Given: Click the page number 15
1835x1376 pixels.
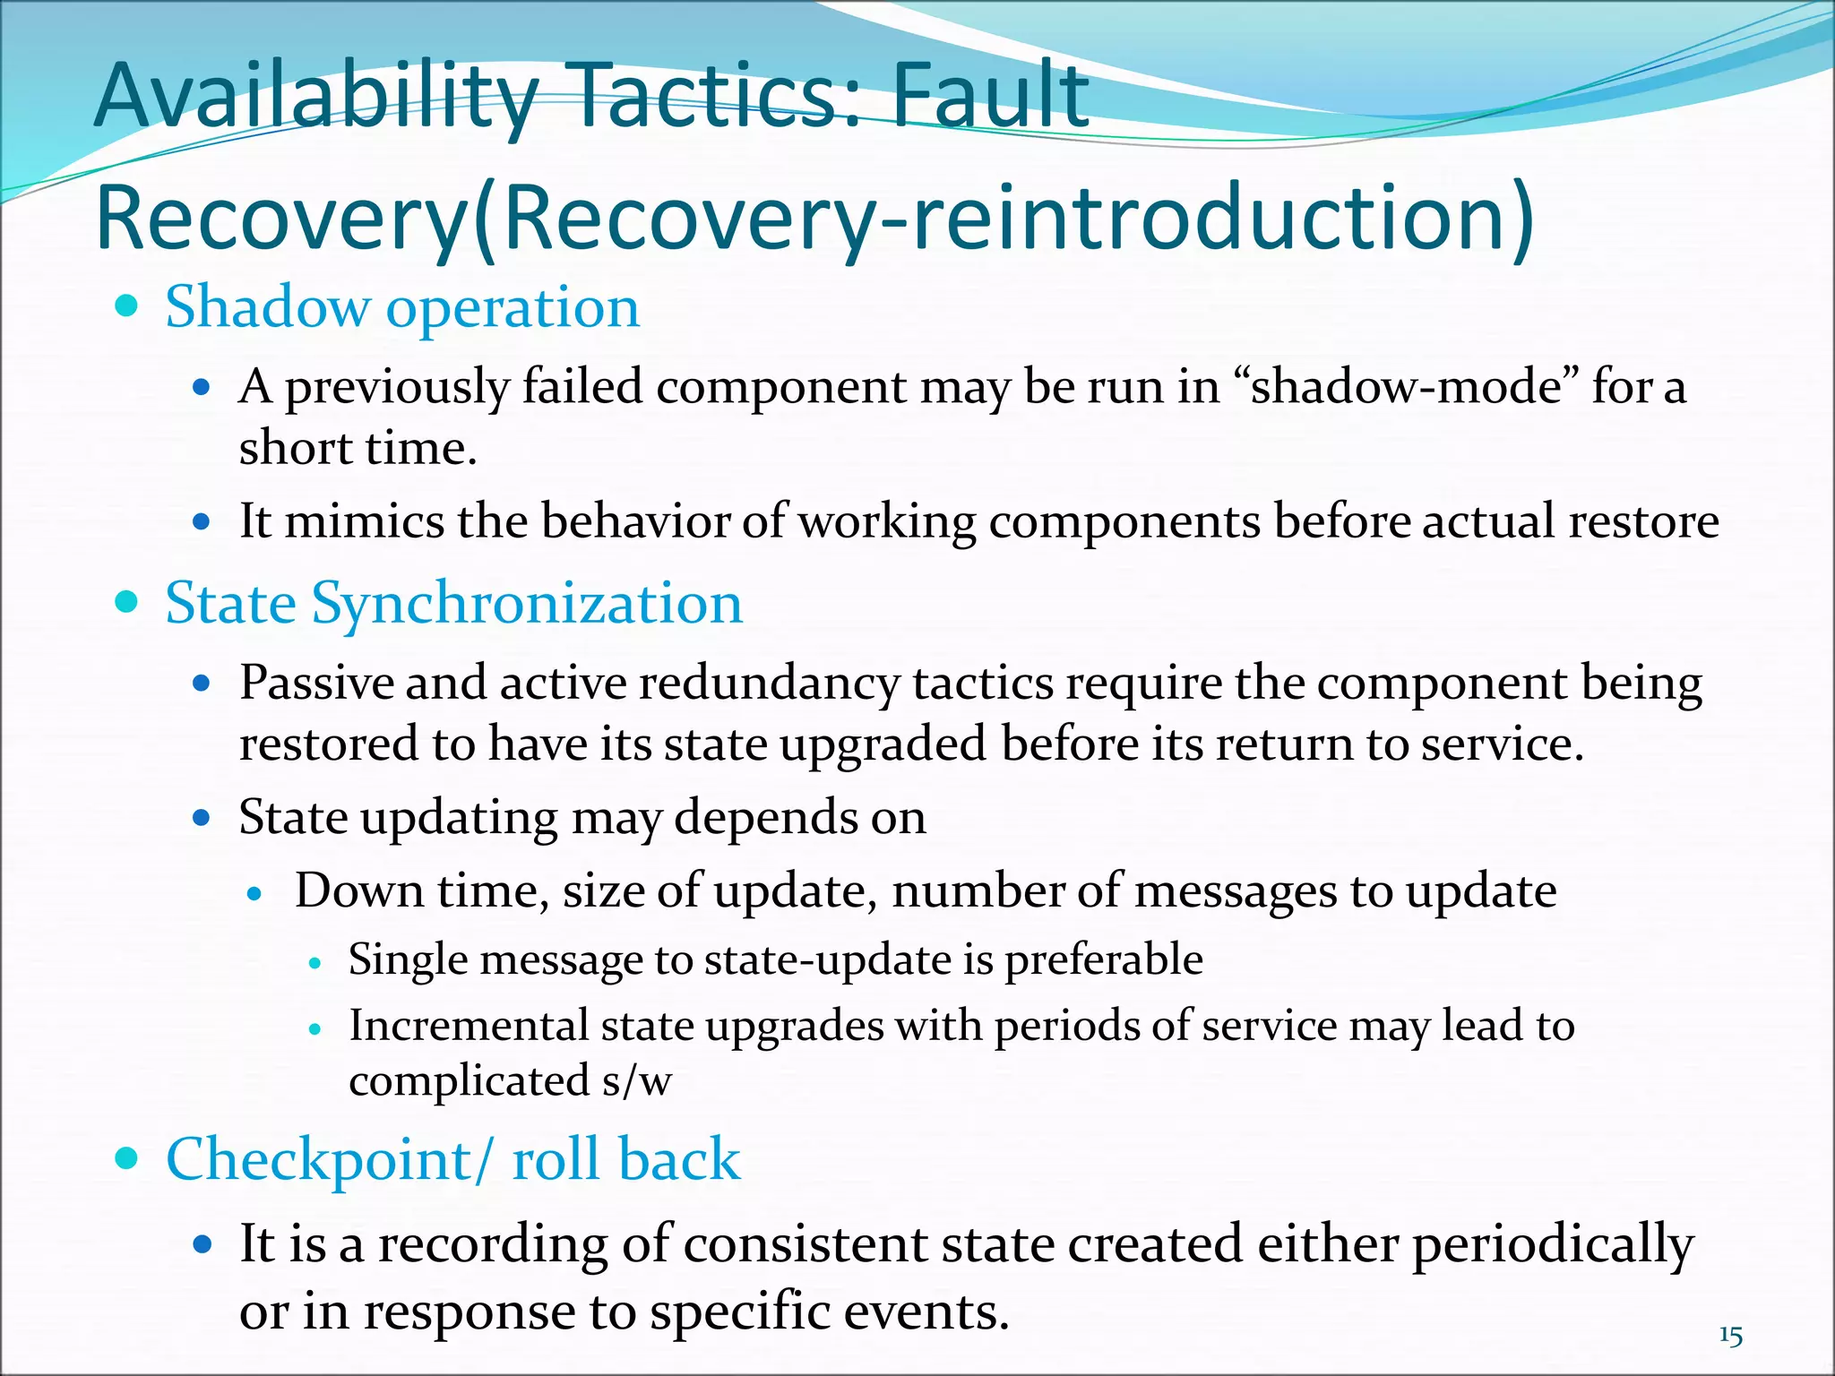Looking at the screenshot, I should point(1731,1336).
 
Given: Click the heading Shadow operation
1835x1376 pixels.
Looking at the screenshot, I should point(402,307).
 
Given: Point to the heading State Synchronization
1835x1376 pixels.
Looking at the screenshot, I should point(454,603).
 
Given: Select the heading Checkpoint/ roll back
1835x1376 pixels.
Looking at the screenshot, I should point(453,1159).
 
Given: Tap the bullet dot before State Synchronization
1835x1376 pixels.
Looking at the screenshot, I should point(127,602).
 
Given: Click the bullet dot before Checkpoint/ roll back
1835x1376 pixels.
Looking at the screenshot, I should point(127,1158).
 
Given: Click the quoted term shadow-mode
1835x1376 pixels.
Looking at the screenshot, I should point(1406,387).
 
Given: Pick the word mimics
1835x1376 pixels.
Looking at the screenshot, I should point(364,521).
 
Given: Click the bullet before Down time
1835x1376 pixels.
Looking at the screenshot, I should point(255,893).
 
